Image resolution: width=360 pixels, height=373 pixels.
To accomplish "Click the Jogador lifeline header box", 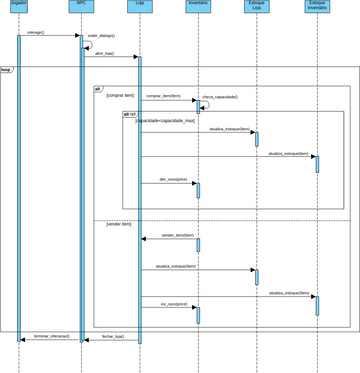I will coord(18,6).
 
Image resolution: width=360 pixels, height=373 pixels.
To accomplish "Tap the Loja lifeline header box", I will coord(139,6).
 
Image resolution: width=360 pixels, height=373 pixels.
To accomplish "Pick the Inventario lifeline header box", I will coord(198,6).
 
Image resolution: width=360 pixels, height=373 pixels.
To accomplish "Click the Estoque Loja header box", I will coord(257,7).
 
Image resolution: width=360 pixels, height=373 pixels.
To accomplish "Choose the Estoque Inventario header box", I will coord(317,7).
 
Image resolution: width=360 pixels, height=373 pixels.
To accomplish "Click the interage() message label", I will coord(36,33).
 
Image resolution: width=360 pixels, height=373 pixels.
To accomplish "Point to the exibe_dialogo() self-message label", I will coord(101,35).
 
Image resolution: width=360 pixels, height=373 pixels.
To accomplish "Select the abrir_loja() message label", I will coord(104,53).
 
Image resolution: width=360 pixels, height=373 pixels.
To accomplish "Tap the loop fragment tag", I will coord(6,70).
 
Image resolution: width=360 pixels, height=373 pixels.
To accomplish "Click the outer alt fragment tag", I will coord(98,89).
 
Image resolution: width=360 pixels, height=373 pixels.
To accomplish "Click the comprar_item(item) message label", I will coord(164,96).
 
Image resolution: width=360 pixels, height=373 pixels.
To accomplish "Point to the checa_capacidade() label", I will coord(220,97).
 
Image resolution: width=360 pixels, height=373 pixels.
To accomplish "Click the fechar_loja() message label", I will coord(113,337).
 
